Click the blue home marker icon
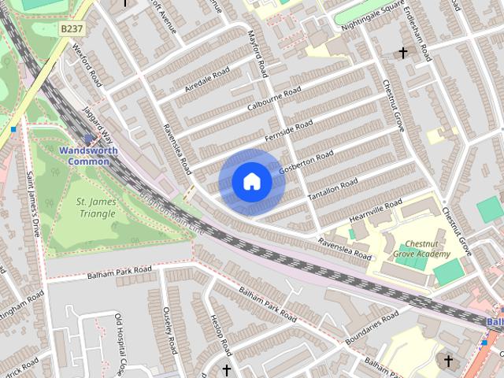251,182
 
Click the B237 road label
71,28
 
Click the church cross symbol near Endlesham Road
403,54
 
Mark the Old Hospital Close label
120,343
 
